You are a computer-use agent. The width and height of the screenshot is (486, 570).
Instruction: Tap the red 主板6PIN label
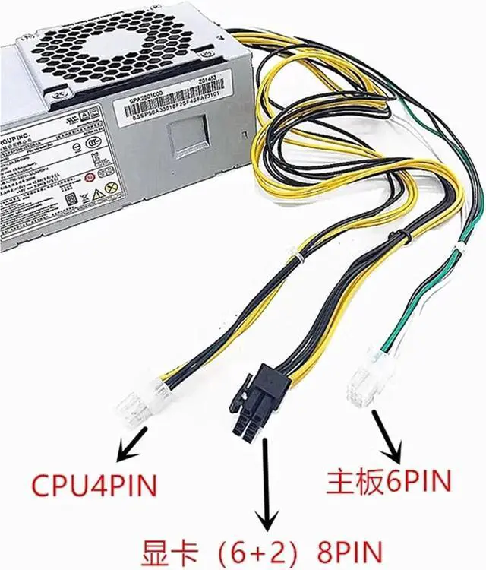coord(389,480)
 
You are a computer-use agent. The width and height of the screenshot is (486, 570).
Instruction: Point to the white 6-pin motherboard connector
coord(364,384)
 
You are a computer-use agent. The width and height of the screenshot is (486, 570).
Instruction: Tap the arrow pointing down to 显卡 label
coord(267,486)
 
